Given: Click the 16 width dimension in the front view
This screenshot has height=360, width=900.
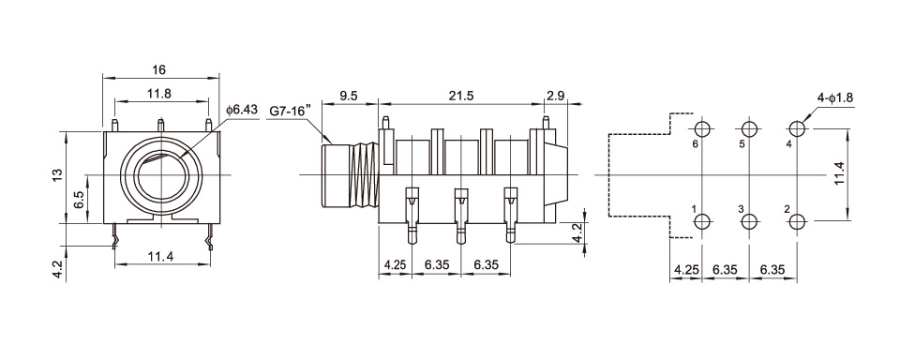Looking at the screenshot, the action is pos(159,69).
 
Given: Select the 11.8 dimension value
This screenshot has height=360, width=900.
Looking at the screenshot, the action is pos(159,94).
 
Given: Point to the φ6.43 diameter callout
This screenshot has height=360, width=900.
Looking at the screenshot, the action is pos(242,109).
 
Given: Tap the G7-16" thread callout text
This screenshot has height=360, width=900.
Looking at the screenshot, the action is pos(291,111).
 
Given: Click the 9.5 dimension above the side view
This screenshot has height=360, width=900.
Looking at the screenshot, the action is pos(349,96).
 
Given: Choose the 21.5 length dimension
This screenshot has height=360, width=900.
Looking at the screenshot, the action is pos(461,96).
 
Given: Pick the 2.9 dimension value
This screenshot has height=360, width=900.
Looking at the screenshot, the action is pos(556,96).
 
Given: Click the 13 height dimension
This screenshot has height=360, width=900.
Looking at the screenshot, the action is pos(56,175).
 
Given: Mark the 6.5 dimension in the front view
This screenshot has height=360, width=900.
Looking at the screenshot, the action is pos(79,201).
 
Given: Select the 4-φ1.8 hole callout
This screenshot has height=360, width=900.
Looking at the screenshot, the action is pos(835,97).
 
